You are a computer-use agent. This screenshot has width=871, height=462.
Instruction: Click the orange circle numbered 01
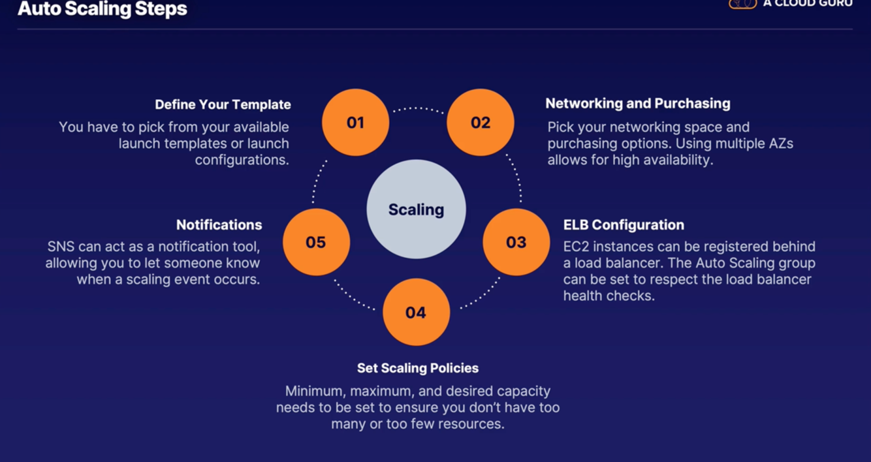click(355, 122)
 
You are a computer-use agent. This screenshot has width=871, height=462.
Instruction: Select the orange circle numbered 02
click(481, 122)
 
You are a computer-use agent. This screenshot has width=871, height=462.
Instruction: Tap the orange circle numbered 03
click(516, 242)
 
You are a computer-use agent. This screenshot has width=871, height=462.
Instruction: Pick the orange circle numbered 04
click(416, 312)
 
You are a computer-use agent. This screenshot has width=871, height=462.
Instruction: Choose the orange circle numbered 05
click(316, 242)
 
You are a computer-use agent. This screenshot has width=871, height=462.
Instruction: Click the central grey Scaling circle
click(416, 209)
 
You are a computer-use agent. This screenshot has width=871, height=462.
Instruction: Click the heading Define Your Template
click(223, 104)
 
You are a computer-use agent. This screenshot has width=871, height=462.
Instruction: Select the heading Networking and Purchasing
click(637, 103)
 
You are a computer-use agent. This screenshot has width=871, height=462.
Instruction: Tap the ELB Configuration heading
click(624, 224)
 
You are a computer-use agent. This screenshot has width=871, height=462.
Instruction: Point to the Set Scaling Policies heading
click(417, 368)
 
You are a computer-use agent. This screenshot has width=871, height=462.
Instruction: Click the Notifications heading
click(219, 224)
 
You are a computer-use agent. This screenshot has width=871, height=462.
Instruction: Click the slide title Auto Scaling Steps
click(103, 9)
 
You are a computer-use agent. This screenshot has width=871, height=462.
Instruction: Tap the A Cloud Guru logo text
click(807, 3)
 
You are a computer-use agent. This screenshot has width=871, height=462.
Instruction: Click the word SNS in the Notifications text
click(61, 247)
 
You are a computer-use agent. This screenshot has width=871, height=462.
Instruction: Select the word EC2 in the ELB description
click(577, 247)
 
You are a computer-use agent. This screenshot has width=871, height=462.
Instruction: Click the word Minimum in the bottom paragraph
click(314, 392)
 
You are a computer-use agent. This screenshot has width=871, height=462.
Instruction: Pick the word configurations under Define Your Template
click(242, 160)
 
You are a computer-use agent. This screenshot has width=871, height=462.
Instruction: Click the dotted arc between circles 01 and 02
click(418, 108)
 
